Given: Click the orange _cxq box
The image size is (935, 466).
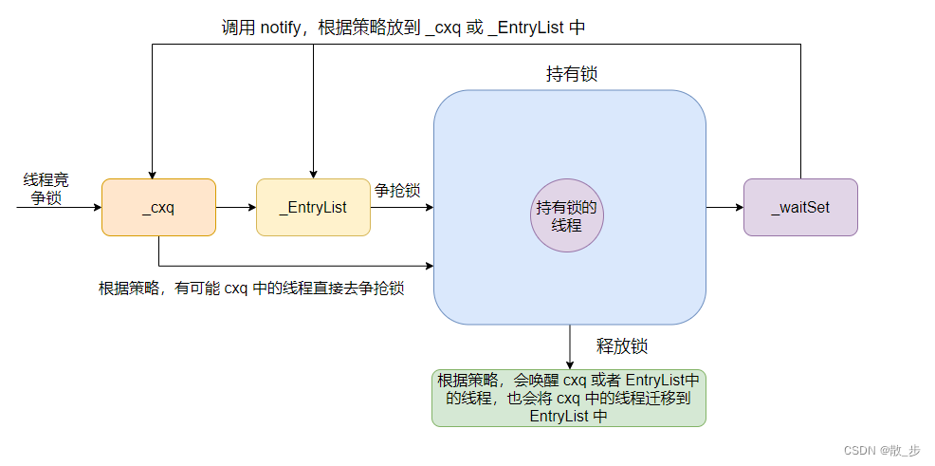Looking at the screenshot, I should [158, 207].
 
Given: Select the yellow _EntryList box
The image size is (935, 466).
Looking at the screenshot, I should [313, 207].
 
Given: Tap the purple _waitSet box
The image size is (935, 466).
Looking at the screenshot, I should [800, 207].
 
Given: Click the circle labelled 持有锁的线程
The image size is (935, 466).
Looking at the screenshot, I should [567, 215].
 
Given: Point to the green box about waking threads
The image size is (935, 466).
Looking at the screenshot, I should [569, 397].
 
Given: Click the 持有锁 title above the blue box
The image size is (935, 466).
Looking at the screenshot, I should [572, 74].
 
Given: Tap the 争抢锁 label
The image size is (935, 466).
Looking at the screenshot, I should [397, 190].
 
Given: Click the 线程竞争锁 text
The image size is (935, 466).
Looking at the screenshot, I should [46, 189].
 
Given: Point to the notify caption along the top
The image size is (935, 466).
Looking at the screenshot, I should [403, 27].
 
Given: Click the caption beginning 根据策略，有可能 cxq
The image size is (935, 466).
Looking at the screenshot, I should [251, 288].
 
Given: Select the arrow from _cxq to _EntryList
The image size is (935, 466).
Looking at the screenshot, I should [235, 207].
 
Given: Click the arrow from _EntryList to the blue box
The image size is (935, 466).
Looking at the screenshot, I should [401, 207].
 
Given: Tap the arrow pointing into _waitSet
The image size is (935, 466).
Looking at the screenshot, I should [724, 207].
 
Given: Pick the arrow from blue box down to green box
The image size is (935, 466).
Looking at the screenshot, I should [570, 346].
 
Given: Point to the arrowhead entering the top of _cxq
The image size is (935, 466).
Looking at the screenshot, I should [150, 173].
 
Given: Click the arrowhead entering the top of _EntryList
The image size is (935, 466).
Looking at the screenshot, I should [313, 173].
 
